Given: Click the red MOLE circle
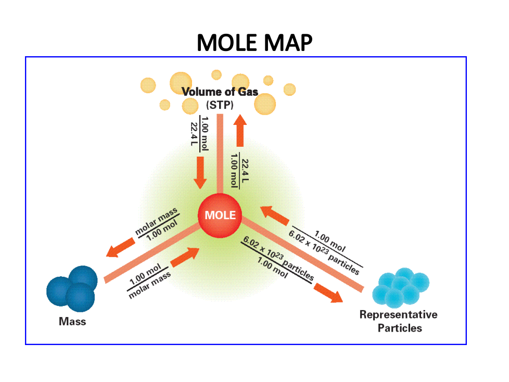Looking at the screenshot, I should click(x=220, y=215).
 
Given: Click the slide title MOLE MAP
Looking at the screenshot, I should click(x=254, y=43).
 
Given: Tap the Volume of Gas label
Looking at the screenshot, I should click(x=220, y=92).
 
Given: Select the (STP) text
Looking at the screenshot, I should click(x=220, y=105).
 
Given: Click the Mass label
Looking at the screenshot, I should click(x=72, y=321).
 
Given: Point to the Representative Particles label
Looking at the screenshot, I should click(x=399, y=321).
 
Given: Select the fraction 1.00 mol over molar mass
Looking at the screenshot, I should click(x=149, y=282).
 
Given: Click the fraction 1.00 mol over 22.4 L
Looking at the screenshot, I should click(x=200, y=133).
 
